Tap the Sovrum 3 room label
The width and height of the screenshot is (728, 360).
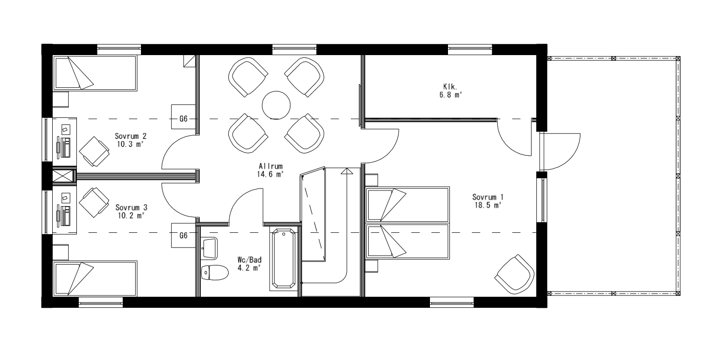pos(131,208)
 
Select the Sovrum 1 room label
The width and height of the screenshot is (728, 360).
pos(487,197)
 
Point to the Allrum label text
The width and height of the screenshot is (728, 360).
pos(271,166)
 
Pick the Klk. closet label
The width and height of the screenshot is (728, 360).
pos(450,87)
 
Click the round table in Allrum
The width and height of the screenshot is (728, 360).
pos(276,105)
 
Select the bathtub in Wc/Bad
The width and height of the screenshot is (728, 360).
pos(284,259)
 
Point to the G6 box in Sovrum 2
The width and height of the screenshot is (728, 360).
pos(184,117)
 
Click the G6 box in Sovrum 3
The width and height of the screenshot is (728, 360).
pos(184,235)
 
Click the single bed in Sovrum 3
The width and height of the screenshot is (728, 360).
pos(95,278)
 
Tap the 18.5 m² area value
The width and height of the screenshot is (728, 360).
pos(487,205)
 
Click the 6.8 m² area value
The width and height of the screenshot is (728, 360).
pos(450,95)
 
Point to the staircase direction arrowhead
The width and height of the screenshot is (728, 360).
pos(347,171)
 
